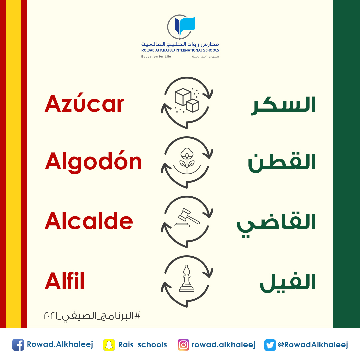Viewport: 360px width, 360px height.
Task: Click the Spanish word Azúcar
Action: [x=84, y=103]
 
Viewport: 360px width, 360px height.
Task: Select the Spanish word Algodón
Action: [x=93, y=162]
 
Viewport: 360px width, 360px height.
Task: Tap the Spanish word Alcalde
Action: [x=89, y=221]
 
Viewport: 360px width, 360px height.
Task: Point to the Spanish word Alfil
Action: [x=64, y=281]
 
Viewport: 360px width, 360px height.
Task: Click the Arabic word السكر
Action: [x=283, y=105]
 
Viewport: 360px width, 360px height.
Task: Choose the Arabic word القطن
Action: [x=282, y=163]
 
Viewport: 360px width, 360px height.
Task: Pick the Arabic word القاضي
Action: [x=276, y=223]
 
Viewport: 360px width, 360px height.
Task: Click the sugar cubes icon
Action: [x=187, y=101]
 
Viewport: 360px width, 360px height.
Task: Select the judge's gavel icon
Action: [x=187, y=219]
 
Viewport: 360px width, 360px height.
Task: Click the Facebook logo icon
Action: [x=18, y=345]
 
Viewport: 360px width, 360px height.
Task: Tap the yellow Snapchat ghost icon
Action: [x=109, y=345]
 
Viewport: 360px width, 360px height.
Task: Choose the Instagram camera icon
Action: [x=183, y=345]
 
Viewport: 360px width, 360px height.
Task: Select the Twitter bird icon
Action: [x=270, y=345]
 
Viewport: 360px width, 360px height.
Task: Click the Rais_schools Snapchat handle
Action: [x=142, y=345]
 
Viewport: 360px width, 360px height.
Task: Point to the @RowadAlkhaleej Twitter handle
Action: [x=313, y=345]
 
